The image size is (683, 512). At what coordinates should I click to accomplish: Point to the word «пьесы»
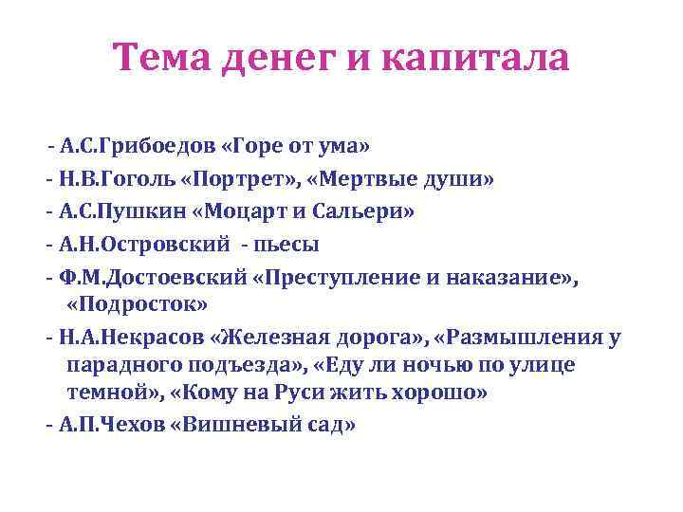tap(287, 244)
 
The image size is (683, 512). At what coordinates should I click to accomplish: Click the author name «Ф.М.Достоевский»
tap(148, 276)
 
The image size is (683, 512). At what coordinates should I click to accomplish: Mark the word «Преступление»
tap(341, 276)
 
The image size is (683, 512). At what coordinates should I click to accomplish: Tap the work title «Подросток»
tap(137, 303)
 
